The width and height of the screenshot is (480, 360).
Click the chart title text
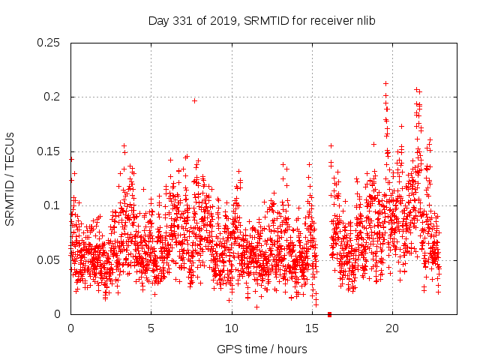pyautogui.click(x=262, y=21)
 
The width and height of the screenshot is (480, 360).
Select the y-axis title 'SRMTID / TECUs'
pyautogui.click(x=10, y=179)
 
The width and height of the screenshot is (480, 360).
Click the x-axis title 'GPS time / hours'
pyautogui.click(x=262, y=349)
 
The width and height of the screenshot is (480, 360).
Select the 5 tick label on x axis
pyautogui.click(x=151, y=328)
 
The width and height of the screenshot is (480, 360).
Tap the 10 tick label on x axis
pyautogui.click(x=232, y=328)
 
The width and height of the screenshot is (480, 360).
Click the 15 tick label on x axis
pyautogui.click(x=312, y=328)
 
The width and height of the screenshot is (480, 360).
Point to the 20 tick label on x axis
pyautogui.click(x=392, y=328)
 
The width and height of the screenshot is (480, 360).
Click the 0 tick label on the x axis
pyautogui.click(x=70, y=328)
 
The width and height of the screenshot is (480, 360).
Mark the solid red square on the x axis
pyautogui.click(x=329, y=314)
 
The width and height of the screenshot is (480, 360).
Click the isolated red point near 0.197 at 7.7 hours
pyautogui.click(x=194, y=100)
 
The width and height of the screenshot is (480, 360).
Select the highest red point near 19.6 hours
pyautogui.click(x=385, y=84)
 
